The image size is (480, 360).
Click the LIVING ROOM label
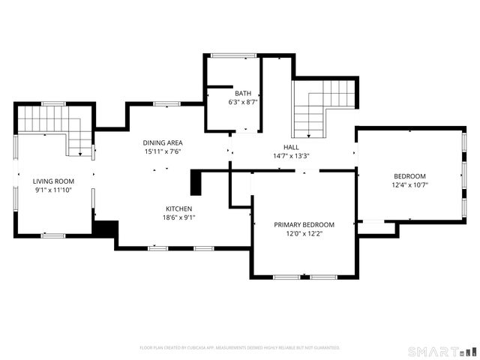(x=53, y=181)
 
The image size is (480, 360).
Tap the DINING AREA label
(x=163, y=142)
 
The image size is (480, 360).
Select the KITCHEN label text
(x=179, y=208)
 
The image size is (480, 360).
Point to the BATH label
(x=242, y=93)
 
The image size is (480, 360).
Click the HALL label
(x=292, y=147)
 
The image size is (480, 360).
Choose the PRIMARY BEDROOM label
(x=304, y=224)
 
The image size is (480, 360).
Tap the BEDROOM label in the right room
(x=409, y=175)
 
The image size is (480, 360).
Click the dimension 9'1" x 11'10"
(x=53, y=190)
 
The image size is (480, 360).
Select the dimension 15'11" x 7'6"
(x=163, y=151)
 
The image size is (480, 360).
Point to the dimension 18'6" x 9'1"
(x=179, y=217)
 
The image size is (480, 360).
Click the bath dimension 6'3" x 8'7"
(x=242, y=102)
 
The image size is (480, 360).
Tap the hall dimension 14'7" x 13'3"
(x=292, y=156)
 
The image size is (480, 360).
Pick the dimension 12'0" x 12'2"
(x=304, y=233)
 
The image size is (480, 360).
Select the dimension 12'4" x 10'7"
(x=409, y=184)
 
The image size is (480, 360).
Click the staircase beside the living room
(x=52, y=124)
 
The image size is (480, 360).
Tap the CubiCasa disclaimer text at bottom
(x=240, y=348)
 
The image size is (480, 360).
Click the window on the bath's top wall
(x=232, y=55)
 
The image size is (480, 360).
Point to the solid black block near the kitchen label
(x=197, y=183)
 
